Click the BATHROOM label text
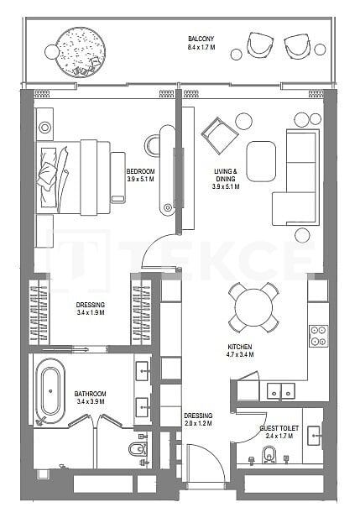tap(89, 393)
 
